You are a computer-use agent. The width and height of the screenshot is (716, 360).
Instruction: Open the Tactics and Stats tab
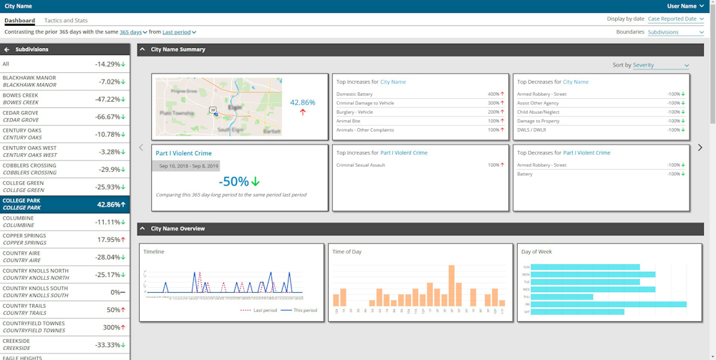tap(66, 21)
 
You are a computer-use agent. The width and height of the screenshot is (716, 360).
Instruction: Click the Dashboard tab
tap(19, 21)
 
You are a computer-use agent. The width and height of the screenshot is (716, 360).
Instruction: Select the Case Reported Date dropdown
tap(675, 19)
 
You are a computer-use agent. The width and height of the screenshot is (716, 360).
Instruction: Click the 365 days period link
tap(133, 32)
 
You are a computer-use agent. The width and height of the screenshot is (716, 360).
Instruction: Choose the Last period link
tap(179, 32)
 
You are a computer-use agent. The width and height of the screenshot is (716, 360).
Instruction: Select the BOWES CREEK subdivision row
tap(64, 99)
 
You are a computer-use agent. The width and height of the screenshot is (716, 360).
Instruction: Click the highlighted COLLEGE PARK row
tap(64, 204)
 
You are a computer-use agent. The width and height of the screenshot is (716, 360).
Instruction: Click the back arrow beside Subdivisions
tap(7, 49)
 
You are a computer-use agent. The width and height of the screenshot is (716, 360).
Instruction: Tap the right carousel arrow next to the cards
tap(700, 147)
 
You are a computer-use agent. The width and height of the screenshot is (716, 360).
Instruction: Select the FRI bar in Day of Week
tap(609, 304)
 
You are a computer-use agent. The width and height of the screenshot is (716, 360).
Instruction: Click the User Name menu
tap(685, 6)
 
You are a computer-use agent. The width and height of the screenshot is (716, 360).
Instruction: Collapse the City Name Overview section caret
tap(142, 229)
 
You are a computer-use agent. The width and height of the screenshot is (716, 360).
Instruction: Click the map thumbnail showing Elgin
tap(218, 107)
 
